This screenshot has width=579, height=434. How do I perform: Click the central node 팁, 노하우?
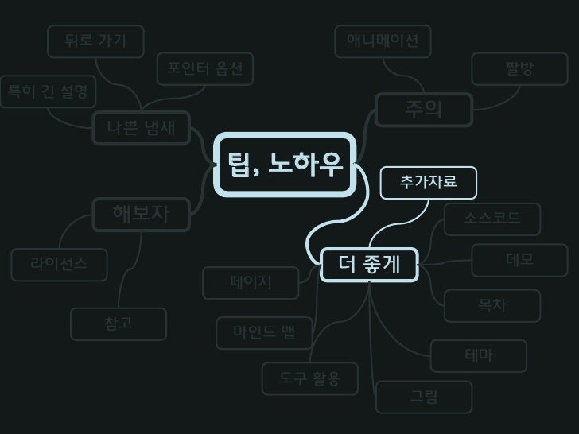click(x=285, y=165)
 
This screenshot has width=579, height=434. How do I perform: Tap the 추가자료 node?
click(x=429, y=182)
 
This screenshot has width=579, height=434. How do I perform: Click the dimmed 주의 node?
click(x=423, y=110)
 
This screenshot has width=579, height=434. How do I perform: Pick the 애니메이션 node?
click(x=383, y=41)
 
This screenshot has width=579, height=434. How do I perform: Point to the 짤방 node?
click(x=519, y=70)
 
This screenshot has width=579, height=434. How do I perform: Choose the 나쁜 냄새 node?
click(x=141, y=127)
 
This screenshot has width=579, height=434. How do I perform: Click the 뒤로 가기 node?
click(x=95, y=41)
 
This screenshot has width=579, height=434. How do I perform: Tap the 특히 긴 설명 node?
click(x=47, y=91)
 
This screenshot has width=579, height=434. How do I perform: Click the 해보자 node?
click(x=141, y=213)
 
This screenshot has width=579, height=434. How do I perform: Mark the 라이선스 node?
click(x=59, y=264)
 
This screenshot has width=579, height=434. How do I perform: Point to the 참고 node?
click(x=119, y=324)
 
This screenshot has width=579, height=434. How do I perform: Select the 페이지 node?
click(x=251, y=282)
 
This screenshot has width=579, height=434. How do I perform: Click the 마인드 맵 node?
click(x=264, y=332)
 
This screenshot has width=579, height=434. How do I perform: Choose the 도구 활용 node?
click(x=309, y=378)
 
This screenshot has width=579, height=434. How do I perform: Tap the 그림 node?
click(x=423, y=396)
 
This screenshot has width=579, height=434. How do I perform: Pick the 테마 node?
click(x=478, y=356)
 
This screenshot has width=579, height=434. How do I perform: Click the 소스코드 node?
click(x=493, y=219)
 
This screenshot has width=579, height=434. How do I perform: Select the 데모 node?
click(x=519, y=260)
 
